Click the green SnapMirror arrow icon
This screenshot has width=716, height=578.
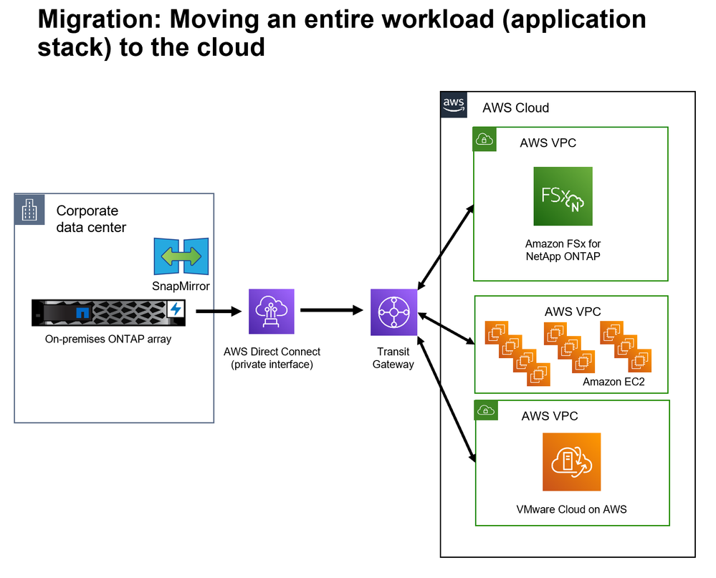[x=181, y=256]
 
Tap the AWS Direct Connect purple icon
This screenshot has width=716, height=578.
[x=271, y=312]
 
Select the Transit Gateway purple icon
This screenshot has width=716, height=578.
[x=393, y=312]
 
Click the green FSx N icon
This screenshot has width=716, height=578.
[x=563, y=196]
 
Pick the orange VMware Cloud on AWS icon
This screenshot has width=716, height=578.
[x=571, y=462]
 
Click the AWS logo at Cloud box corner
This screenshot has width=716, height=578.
[x=454, y=105]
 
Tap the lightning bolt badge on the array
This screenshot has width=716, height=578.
[x=176, y=309]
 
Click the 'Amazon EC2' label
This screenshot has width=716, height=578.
[x=614, y=382]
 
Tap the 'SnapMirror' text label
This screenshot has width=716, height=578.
[x=180, y=286]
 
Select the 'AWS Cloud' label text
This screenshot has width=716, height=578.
[x=516, y=108]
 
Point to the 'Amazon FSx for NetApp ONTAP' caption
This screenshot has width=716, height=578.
[x=563, y=250]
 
